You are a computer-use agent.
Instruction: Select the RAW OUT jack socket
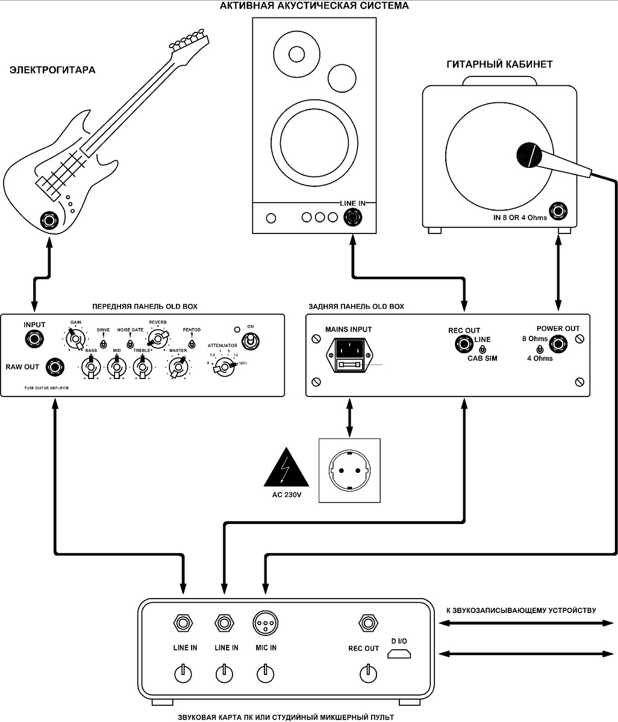tap(57, 366)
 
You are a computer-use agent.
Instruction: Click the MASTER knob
tap(178, 366)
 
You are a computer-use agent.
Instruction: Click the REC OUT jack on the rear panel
tap(464, 345)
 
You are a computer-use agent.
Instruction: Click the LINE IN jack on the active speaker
tap(350, 217)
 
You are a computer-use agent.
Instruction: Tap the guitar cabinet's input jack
tap(560, 211)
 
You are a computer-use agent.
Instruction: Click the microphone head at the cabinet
tap(530, 155)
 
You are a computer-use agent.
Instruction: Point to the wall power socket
tap(349, 471)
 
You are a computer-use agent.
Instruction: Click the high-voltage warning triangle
tap(287, 469)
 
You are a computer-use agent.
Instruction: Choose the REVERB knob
tap(158, 339)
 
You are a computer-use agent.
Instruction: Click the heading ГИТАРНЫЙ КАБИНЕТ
tap(499, 64)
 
